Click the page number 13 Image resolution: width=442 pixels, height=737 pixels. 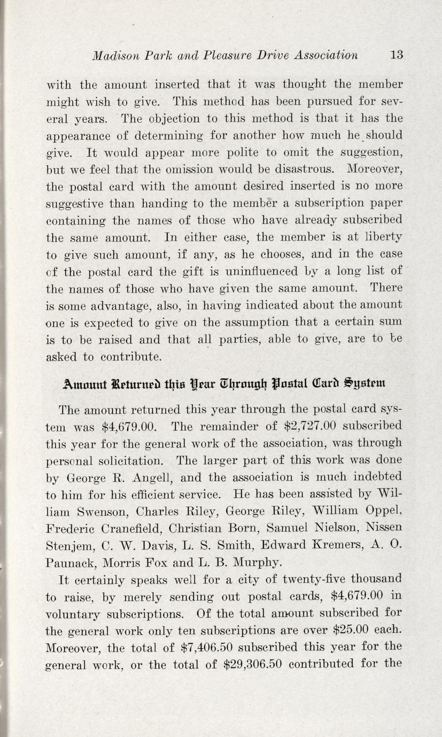point(396,54)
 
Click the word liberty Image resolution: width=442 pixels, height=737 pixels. point(383,237)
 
